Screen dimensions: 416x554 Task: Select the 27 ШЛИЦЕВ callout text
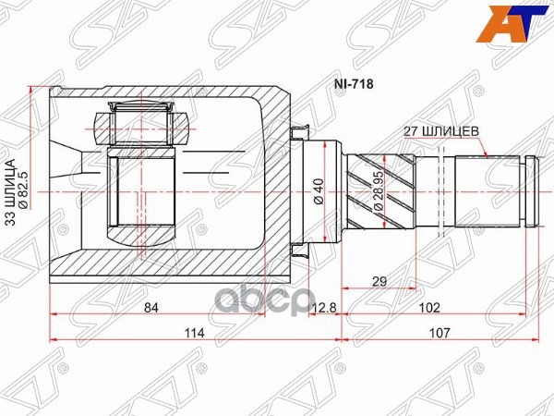440,131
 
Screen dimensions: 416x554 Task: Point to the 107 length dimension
440,335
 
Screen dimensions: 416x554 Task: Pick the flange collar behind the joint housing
297,190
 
